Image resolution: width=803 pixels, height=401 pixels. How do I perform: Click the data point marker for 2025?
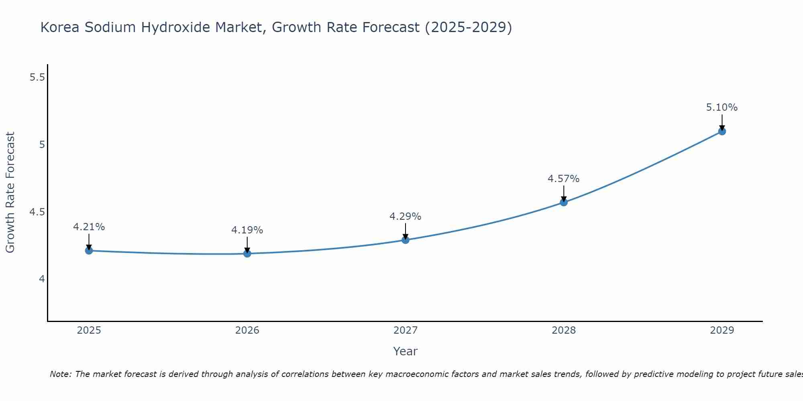(x=89, y=251)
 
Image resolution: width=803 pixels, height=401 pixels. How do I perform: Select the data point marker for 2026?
(x=247, y=253)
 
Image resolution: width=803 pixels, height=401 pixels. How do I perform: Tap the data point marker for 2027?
(x=406, y=240)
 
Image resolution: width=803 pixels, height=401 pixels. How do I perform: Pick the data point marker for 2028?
(x=564, y=202)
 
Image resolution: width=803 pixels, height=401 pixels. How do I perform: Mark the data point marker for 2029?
(x=722, y=131)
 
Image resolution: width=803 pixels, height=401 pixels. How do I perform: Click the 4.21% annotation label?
(x=89, y=227)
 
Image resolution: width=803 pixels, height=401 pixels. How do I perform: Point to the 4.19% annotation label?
(x=247, y=230)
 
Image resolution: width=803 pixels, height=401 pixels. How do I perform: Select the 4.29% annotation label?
(x=406, y=217)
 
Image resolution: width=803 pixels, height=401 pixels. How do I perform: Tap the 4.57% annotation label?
(x=564, y=179)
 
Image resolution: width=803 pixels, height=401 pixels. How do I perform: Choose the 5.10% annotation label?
(x=722, y=107)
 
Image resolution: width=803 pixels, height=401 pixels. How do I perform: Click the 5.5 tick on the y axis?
(x=37, y=77)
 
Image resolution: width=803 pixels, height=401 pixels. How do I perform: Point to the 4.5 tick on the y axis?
(x=37, y=212)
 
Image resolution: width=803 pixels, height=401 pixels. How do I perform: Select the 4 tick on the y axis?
(x=42, y=279)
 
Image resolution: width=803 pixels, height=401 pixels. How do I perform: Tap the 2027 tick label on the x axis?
(x=406, y=330)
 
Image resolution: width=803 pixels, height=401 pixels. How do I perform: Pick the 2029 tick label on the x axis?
(x=722, y=330)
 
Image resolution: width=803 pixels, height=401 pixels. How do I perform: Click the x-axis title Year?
(x=406, y=351)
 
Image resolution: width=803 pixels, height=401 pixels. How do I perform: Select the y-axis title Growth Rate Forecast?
(x=10, y=192)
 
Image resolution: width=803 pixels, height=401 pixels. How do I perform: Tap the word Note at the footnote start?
(x=61, y=374)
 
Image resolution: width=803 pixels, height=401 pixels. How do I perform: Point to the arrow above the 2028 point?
(x=564, y=193)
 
